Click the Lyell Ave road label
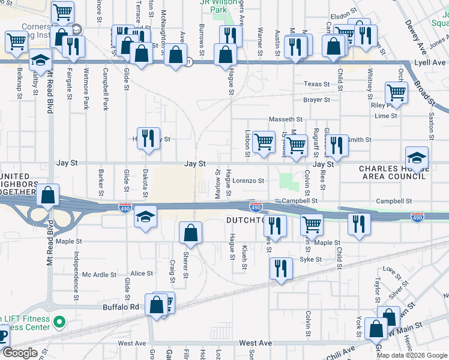(x=430, y=62)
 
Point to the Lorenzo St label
(x=249, y=180)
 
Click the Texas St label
(x=317, y=84)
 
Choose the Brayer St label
(x=317, y=100)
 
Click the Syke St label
(x=311, y=260)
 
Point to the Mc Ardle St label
(x=99, y=275)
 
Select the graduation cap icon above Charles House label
(x=417, y=158)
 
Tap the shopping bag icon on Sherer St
(x=190, y=233)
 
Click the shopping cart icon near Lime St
(x=396, y=94)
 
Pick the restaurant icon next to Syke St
(x=279, y=268)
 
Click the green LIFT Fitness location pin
(x=59, y=323)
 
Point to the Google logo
(x=20, y=353)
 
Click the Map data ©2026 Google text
(x=412, y=355)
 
